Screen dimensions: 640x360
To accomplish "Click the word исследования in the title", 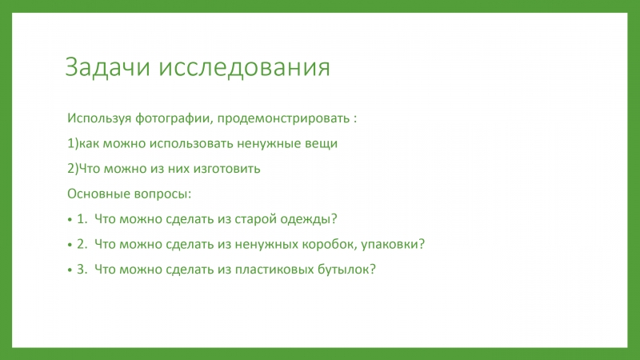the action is tap(244, 67).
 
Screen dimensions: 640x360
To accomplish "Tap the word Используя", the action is tap(99, 118).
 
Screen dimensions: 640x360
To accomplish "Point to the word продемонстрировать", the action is tap(283, 118).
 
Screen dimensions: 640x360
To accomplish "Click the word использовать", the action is tap(191, 144).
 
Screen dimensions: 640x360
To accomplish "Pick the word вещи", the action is tap(322, 144).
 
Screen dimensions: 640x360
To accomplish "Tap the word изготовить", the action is tap(226, 169).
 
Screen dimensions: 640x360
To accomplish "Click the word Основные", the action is tap(94, 194).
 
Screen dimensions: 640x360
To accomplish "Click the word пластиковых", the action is tap(274, 270).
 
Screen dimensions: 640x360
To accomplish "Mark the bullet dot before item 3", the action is tap(70, 270).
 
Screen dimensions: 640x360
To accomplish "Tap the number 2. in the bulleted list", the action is tap(82, 244).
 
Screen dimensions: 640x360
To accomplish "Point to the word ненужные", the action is tap(269, 144).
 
